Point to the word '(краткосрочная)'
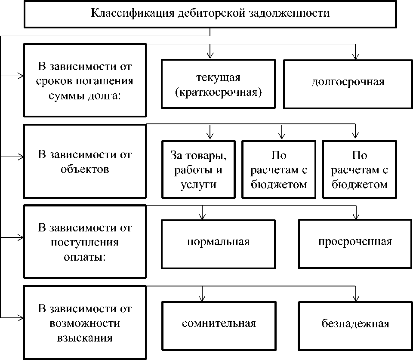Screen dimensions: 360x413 218,92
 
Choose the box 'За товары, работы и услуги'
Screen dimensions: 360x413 199,169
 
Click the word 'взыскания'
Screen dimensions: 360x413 85,338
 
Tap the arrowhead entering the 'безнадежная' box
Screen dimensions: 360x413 355,297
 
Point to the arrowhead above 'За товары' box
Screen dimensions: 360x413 210,135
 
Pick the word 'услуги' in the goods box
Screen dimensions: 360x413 199,185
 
